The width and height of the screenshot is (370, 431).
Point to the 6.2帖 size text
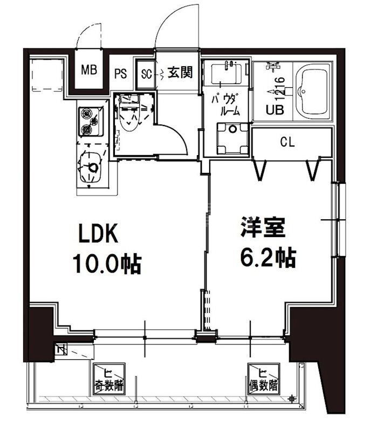point(267,258)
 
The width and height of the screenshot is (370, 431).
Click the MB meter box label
point(88,70)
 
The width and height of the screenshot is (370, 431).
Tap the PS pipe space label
point(121,74)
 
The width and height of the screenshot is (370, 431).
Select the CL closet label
point(287,142)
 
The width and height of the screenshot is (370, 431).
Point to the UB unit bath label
point(273,110)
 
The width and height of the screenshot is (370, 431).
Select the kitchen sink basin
point(90,167)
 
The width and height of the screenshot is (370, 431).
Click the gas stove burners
point(87,121)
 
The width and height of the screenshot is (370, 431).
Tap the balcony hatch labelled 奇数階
point(109,380)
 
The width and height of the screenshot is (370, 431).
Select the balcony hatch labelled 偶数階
point(263,379)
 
